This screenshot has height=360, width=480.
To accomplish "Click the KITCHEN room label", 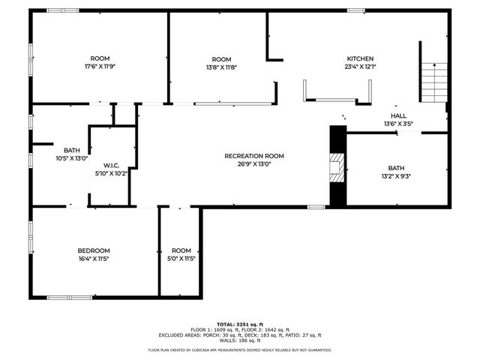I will (x=360, y=58).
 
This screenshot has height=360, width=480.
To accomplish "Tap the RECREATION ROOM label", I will (x=254, y=156).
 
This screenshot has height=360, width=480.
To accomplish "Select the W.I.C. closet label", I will (x=112, y=165).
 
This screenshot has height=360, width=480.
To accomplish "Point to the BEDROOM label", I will (x=94, y=250).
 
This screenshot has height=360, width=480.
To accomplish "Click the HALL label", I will (x=398, y=115).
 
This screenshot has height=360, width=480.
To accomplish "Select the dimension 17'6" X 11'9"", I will (x=100, y=66).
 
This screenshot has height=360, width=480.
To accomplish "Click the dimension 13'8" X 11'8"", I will (x=221, y=67).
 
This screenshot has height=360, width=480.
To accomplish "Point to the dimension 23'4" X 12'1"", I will (x=360, y=66).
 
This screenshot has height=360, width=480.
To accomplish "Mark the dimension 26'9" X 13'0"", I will (x=254, y=163).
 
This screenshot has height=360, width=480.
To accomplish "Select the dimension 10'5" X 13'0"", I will (x=72, y=157).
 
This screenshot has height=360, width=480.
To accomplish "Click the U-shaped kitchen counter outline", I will (x=337, y=97).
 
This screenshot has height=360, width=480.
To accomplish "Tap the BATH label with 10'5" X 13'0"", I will (x=72, y=150).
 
